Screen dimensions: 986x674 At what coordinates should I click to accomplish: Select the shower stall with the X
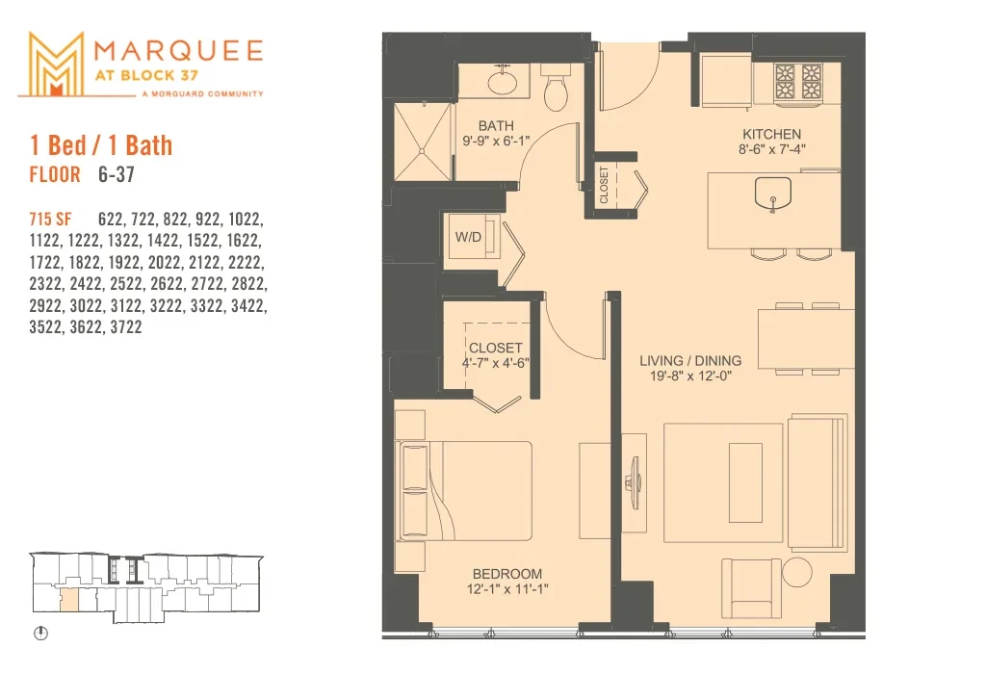(423, 143)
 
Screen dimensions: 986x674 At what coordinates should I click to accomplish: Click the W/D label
(468, 237)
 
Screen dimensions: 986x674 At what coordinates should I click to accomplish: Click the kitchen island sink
(773, 194)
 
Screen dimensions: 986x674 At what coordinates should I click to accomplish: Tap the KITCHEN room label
(771, 134)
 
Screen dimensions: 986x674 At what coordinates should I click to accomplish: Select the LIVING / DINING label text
(690, 361)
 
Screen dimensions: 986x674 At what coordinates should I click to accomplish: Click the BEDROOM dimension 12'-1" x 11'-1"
(506, 589)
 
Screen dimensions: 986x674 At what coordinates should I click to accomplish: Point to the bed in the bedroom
(464, 490)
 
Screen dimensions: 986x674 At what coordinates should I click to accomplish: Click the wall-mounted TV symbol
(634, 482)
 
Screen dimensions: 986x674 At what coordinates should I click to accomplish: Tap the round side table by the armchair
(797, 573)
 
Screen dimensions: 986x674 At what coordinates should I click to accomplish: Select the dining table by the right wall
(806, 338)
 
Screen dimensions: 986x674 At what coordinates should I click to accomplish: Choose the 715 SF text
(50, 219)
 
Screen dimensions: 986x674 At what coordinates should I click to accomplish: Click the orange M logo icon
(56, 65)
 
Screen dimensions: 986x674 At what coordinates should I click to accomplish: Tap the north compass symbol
(40, 634)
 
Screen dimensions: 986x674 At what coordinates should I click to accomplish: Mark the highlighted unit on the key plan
(69, 600)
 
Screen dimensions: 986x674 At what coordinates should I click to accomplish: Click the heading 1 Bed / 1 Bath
(101, 145)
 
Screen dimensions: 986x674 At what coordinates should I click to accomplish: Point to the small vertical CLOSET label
(604, 185)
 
